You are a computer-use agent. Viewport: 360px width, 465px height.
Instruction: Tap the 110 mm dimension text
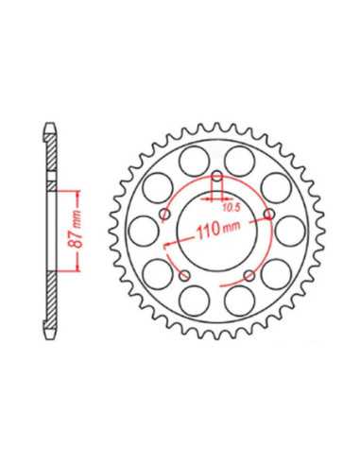pos(218,229)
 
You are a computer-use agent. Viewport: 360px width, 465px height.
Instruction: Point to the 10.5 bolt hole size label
pos(231,207)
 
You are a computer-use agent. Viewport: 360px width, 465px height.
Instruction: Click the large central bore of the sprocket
pos(217,232)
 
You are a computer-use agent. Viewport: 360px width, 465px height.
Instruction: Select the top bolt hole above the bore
pos(216,177)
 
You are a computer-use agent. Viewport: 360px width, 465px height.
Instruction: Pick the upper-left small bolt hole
pos(164,215)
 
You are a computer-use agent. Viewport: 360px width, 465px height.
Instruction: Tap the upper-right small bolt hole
pos(268,215)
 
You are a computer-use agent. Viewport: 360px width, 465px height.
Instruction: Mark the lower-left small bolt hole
pos(184,276)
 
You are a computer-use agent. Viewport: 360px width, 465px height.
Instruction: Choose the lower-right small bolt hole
pos(249,276)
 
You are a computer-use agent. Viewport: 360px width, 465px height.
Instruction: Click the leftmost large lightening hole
pos(144,231)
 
